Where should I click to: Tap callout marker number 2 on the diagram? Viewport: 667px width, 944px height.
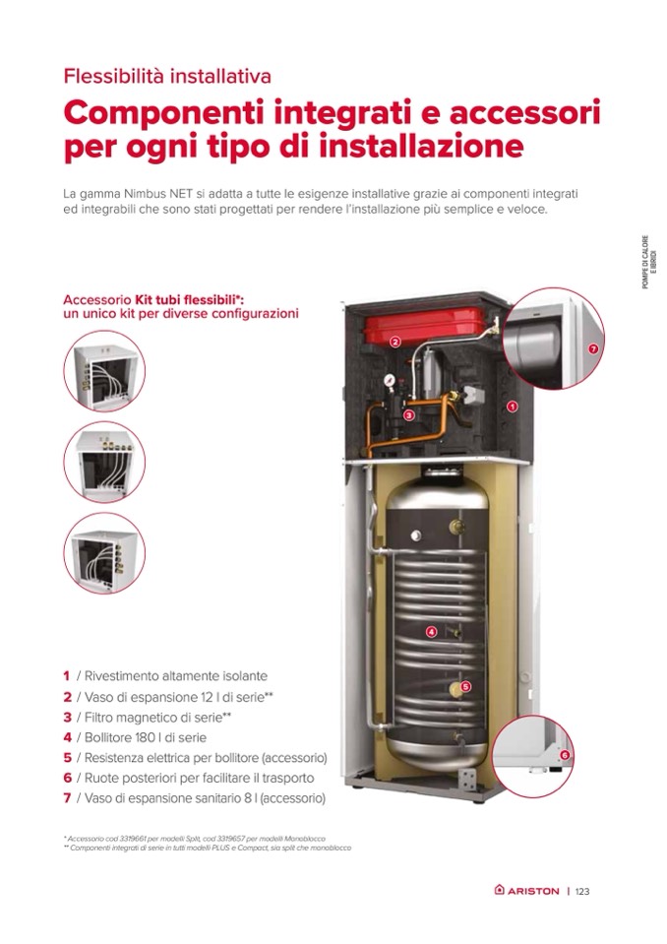tap(395, 342)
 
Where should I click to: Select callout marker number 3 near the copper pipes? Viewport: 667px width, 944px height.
tap(409, 414)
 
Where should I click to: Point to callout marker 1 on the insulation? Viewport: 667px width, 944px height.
tap(512, 407)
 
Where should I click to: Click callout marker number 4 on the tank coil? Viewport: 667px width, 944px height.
tap(431, 632)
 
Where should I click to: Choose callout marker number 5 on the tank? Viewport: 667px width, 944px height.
tap(466, 686)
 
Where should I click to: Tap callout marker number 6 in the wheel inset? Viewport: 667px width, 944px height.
tap(564, 755)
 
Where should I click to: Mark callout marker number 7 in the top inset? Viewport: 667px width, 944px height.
tap(593, 348)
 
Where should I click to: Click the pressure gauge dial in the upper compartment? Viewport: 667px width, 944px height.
tap(390, 380)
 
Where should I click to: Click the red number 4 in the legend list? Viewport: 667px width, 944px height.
tap(67, 737)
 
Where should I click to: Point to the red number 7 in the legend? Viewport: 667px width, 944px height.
tap(67, 798)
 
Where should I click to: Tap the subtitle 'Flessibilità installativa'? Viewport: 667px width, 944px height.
tap(167, 77)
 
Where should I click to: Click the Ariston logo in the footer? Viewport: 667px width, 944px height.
tap(526, 891)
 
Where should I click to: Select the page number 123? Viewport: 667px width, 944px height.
tap(582, 891)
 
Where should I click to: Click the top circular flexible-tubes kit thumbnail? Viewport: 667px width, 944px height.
tap(104, 371)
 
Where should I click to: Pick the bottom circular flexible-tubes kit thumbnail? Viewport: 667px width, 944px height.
tap(104, 553)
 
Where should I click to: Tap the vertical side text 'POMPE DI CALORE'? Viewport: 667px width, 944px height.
tap(644, 262)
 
